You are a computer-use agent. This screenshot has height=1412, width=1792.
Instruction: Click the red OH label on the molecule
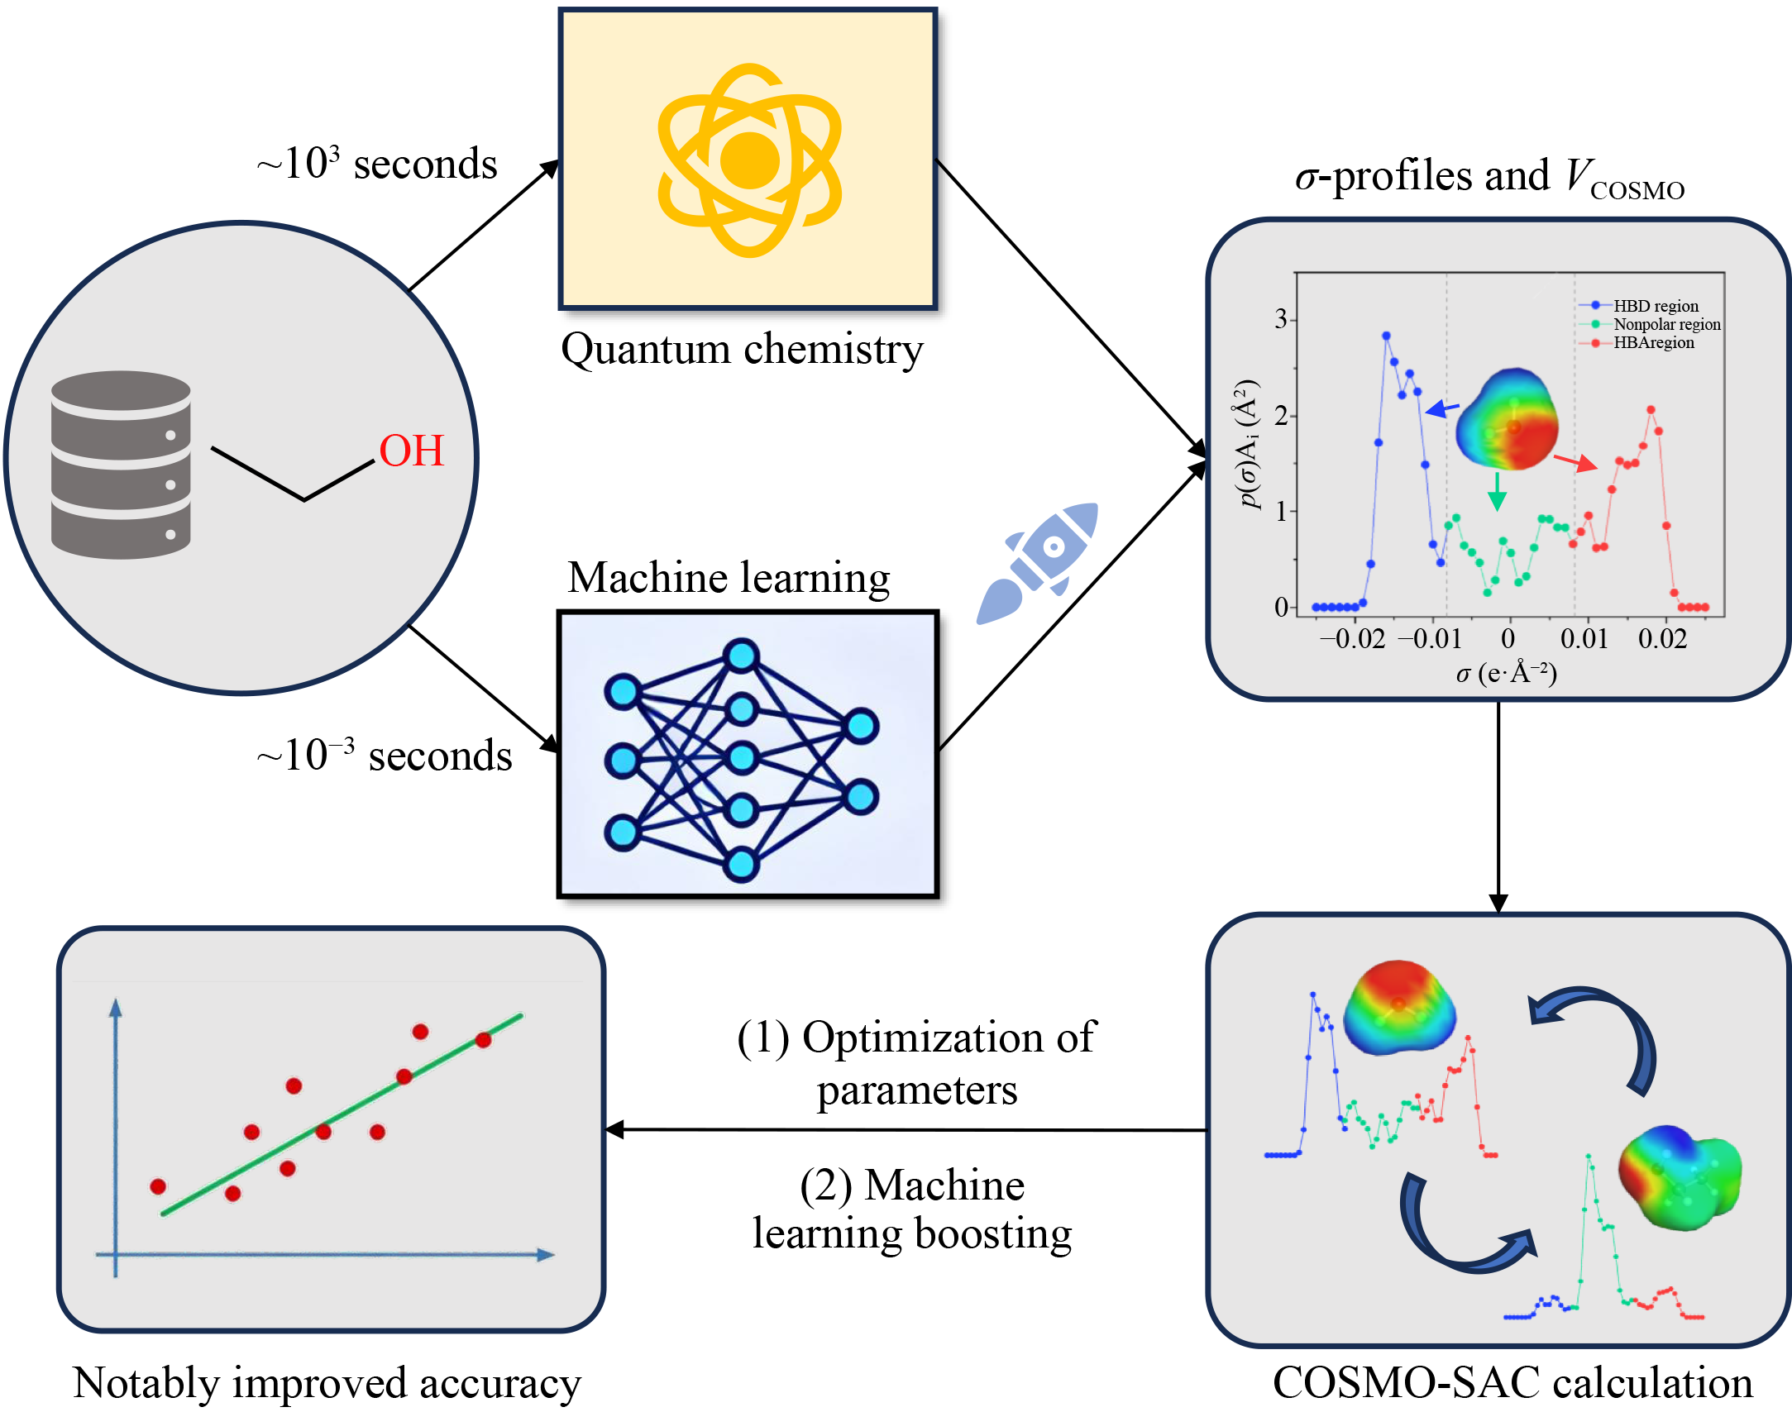tap(411, 451)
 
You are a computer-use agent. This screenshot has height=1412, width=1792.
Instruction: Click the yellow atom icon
tap(748, 160)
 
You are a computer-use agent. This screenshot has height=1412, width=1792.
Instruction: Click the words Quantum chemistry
tap(742, 349)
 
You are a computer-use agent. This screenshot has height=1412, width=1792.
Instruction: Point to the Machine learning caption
tap(729, 577)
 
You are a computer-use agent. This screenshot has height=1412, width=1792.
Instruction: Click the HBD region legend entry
tap(1655, 306)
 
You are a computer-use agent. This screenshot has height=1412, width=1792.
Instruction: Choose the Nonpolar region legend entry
tap(1666, 324)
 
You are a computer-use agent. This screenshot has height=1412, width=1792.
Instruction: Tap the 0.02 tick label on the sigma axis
tap(1662, 638)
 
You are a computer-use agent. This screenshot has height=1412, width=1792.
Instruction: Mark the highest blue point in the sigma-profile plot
tap(1386, 336)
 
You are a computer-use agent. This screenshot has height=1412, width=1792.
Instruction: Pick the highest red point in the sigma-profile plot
tap(1651, 410)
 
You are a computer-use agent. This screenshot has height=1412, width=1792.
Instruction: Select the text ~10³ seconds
tap(377, 163)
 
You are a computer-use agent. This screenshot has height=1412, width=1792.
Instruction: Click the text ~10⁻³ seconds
tap(385, 755)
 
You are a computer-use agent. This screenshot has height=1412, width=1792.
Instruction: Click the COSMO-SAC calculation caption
tap(1512, 1382)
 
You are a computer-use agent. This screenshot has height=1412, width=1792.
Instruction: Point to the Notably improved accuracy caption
tap(327, 1383)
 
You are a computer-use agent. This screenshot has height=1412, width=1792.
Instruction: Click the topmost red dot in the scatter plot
tap(420, 1032)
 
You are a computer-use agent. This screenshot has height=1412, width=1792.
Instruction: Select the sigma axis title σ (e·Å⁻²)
tap(1507, 674)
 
